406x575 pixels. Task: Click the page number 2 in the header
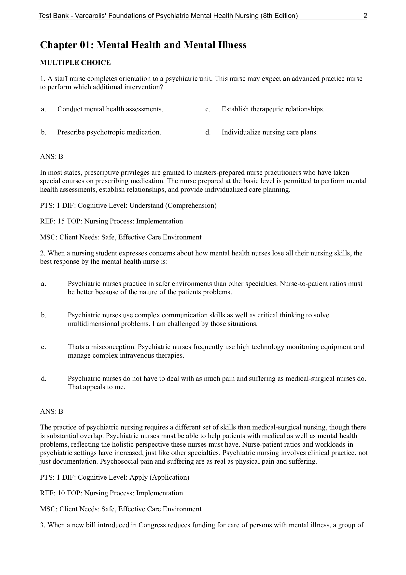[x=365, y=16]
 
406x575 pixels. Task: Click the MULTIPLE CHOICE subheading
[x=75, y=63]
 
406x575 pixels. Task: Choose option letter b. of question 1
[x=44, y=132]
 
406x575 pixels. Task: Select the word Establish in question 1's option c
[x=235, y=109]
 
